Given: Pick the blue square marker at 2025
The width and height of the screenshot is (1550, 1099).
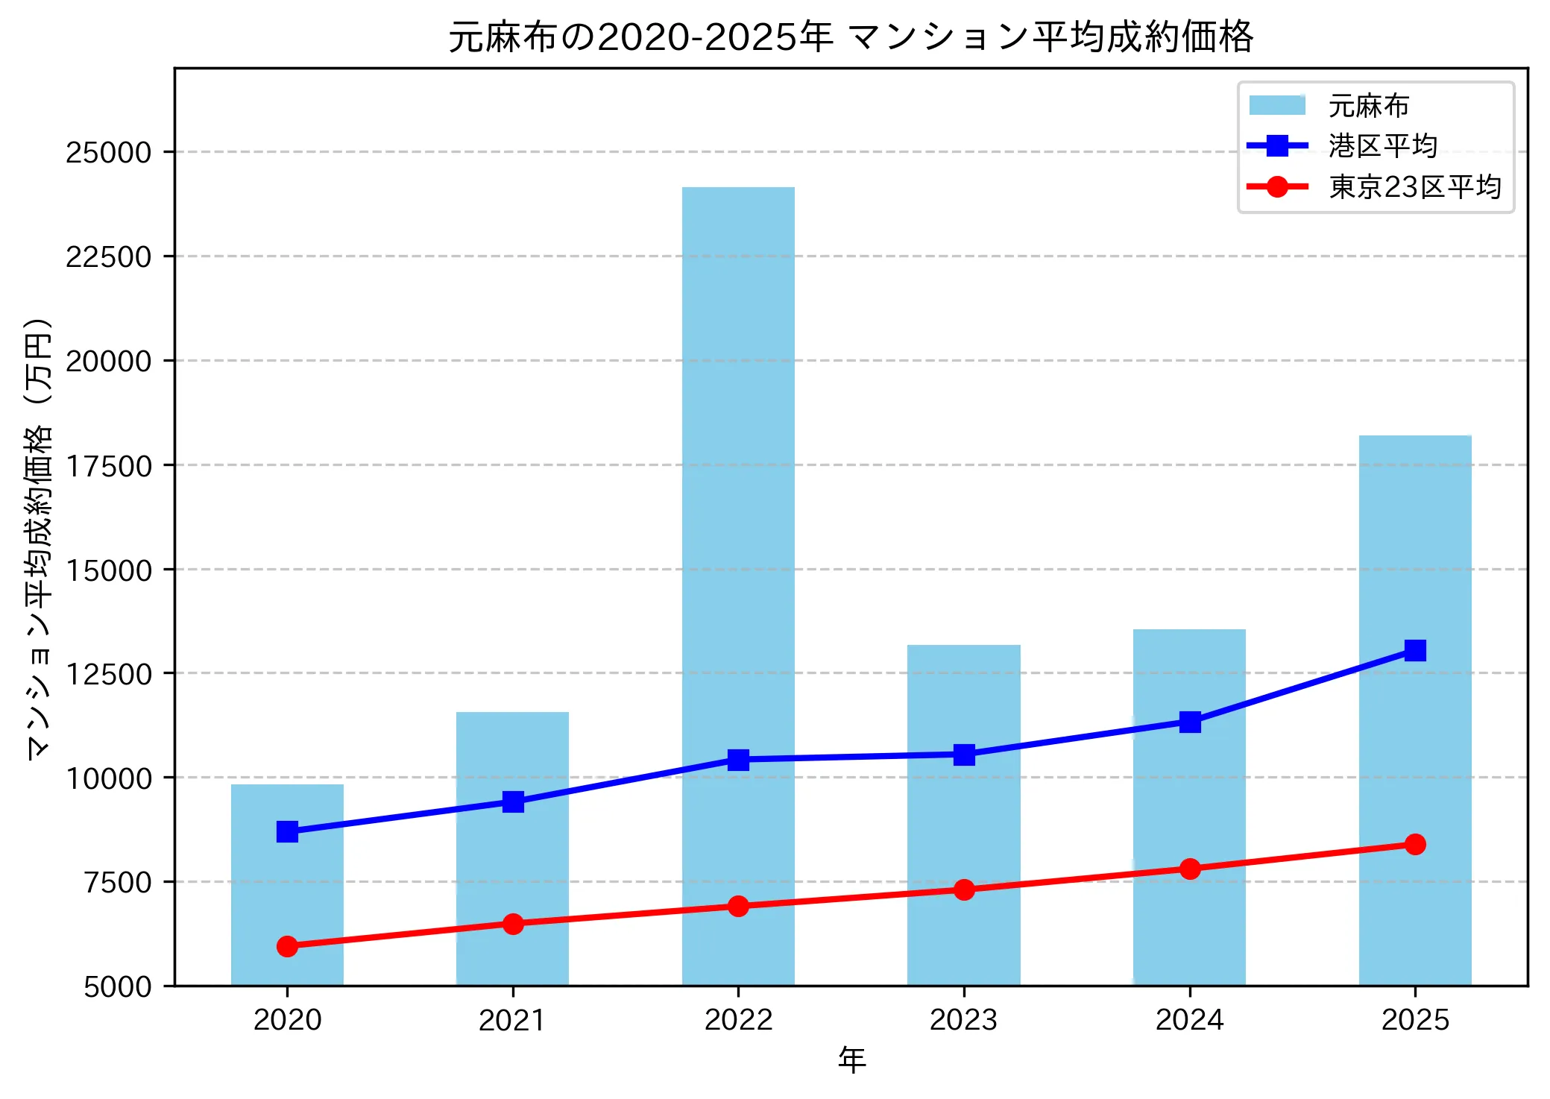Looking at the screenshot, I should pyautogui.click(x=1415, y=650).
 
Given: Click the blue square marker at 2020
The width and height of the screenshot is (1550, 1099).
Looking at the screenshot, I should pyautogui.click(x=287, y=831).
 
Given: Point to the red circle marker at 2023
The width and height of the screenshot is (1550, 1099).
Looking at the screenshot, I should pyautogui.click(x=964, y=889).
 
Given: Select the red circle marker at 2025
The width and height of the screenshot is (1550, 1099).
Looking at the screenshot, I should pyautogui.click(x=1415, y=844).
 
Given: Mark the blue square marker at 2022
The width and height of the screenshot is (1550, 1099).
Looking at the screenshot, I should pyautogui.click(x=738, y=760).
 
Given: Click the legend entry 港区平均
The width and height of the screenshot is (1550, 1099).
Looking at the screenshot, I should pyautogui.click(x=1382, y=146).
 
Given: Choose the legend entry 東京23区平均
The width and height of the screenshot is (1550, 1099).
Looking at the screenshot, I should pyautogui.click(x=1414, y=186).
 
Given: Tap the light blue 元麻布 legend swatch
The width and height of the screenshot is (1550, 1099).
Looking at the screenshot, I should pyautogui.click(x=1277, y=106).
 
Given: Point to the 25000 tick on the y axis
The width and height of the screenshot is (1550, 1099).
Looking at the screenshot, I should pyautogui.click(x=109, y=153).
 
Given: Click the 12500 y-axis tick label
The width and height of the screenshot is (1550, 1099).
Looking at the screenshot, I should pyautogui.click(x=109, y=674).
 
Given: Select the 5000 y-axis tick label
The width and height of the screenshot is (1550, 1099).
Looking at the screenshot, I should pyautogui.click(x=118, y=986).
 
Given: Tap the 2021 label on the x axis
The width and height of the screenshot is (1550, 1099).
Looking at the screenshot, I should pyautogui.click(x=512, y=1020).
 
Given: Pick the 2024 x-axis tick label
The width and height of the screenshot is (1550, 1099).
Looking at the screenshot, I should pyautogui.click(x=1189, y=1020).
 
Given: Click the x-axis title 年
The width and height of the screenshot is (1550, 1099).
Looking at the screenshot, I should pyautogui.click(x=851, y=1059).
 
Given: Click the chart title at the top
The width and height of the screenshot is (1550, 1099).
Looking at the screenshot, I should pyautogui.click(x=851, y=37).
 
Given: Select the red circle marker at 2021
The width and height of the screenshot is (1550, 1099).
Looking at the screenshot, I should pyautogui.click(x=513, y=924).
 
